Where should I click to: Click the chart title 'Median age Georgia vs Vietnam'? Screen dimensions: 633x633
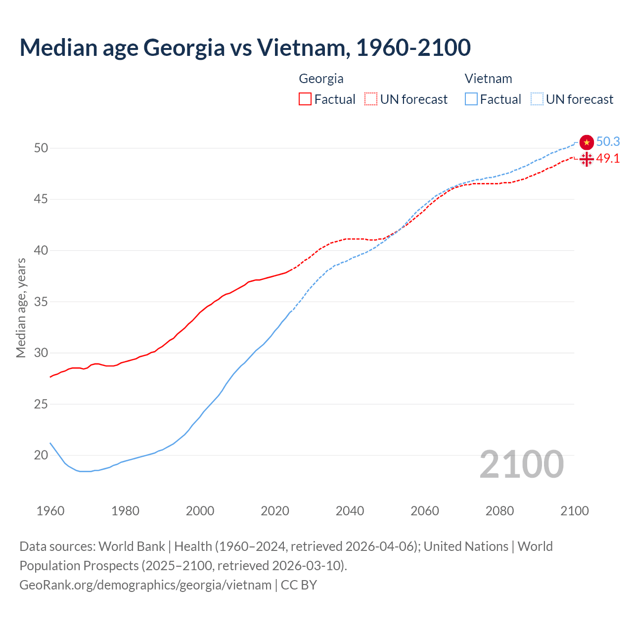click(245, 47)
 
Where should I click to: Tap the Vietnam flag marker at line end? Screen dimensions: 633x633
click(587, 142)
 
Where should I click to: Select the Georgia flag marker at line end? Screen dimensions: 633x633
click(587, 159)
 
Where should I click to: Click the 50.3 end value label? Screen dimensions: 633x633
click(608, 142)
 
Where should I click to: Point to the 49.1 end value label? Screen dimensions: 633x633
click(608, 159)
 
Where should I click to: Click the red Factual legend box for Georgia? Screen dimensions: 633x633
click(305, 99)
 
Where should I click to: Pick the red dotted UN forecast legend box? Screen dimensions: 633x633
click(371, 99)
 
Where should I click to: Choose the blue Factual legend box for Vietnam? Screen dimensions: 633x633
click(471, 99)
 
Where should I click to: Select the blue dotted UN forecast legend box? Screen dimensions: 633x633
click(537, 99)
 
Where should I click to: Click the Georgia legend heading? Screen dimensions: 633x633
click(321, 79)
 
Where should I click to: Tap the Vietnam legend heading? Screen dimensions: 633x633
click(488, 79)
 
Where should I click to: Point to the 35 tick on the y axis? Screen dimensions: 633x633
click(41, 302)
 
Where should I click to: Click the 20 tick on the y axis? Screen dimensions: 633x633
click(41, 455)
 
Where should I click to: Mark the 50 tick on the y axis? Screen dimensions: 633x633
click(41, 148)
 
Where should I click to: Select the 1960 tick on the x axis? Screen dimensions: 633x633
click(50, 511)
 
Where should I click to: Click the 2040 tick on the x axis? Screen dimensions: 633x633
click(350, 511)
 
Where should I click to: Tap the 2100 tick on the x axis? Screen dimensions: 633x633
click(575, 511)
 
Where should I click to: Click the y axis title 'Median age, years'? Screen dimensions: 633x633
click(21, 308)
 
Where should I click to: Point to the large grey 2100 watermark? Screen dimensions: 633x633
click(521, 464)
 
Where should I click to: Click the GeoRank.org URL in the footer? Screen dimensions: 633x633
click(145, 585)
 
